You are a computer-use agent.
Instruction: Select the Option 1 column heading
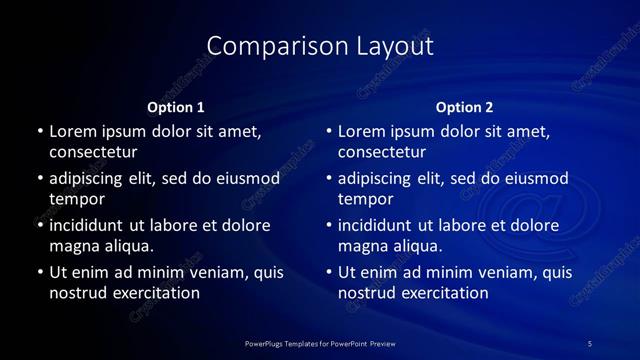(x=176, y=107)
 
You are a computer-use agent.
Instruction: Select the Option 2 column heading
(x=465, y=107)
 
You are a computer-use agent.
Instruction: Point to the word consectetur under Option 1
(x=93, y=152)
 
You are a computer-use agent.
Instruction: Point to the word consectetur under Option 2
(x=382, y=152)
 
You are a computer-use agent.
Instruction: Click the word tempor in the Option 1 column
(x=77, y=199)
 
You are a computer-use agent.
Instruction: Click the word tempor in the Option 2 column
(x=366, y=199)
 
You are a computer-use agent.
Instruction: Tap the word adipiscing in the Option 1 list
(x=92, y=179)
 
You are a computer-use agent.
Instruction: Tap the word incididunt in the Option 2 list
(x=381, y=225)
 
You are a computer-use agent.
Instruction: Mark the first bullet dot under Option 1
(x=40, y=132)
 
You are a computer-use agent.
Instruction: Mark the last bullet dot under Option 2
(x=329, y=272)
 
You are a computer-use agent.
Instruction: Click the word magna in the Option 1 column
(x=74, y=246)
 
